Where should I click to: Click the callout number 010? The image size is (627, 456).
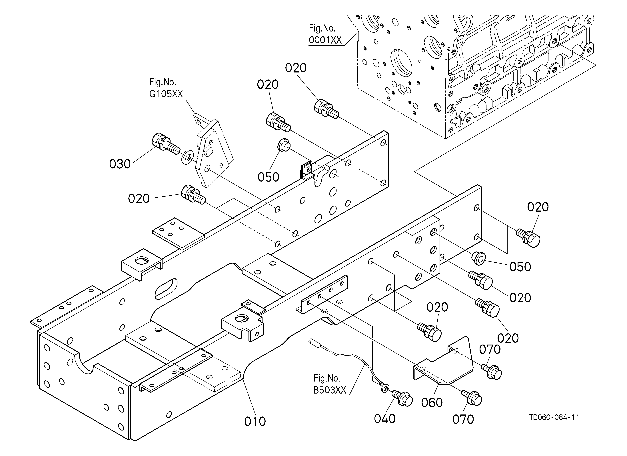pos(255,421)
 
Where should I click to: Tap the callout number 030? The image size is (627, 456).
pos(120,164)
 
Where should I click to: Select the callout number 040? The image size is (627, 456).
pos(384,419)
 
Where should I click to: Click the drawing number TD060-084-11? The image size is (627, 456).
pos(554,417)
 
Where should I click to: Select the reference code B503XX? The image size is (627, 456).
pos(330,390)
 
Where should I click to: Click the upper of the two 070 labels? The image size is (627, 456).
pos(490,350)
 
